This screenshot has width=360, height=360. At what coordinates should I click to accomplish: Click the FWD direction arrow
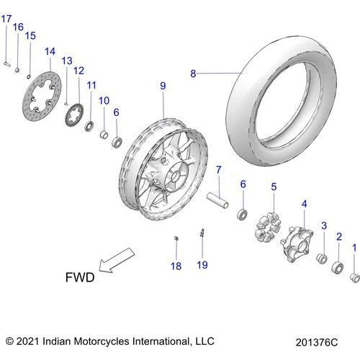click(x=117, y=260)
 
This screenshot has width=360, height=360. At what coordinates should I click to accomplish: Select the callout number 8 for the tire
click(x=193, y=73)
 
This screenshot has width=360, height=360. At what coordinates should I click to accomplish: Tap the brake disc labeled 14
click(x=42, y=96)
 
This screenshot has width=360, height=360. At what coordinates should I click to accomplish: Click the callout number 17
click(x=6, y=19)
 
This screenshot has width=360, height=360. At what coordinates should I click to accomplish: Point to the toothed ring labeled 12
click(x=74, y=114)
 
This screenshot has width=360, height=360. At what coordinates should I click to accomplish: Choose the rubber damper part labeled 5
click(x=268, y=226)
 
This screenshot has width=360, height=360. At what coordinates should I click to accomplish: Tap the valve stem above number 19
click(x=202, y=233)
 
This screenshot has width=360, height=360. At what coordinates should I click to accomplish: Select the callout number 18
click(x=176, y=266)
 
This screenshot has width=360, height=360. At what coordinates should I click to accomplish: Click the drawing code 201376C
click(x=317, y=343)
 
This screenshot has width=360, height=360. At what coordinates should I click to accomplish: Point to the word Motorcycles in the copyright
click(x=102, y=341)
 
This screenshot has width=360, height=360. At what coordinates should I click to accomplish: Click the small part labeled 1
click(x=355, y=278)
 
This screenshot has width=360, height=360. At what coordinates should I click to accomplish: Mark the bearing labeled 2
click(x=338, y=268)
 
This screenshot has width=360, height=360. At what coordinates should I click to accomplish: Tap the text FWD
click(x=80, y=277)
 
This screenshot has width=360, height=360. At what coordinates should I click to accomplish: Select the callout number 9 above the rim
click(x=163, y=86)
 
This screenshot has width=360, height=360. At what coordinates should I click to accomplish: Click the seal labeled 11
click(x=90, y=126)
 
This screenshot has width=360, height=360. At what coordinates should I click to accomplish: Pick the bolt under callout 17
click(x=7, y=64)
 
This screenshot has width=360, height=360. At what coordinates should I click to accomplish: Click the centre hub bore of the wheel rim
click(x=176, y=174)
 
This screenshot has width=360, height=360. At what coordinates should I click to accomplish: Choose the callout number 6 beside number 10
click(x=116, y=112)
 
